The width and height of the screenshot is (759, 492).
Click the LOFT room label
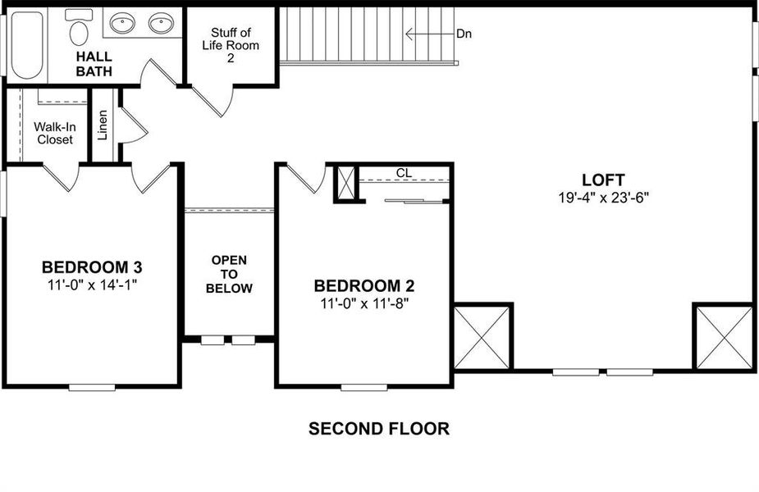point(603,180)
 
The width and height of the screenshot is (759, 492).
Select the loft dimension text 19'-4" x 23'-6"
point(603,198)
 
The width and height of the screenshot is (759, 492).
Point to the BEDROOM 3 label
point(92,267)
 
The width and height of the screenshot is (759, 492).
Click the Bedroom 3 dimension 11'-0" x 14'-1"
point(92,285)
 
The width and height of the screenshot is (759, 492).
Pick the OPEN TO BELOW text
point(229,275)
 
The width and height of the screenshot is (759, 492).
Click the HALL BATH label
point(94,64)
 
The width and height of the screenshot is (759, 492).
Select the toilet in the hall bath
point(80,28)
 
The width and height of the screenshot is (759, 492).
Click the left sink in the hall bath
point(123,23)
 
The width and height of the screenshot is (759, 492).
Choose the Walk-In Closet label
point(53,133)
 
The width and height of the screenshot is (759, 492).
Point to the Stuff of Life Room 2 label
point(231,44)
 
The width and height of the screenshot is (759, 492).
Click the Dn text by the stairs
point(464,34)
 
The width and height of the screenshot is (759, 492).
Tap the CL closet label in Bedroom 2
point(404,173)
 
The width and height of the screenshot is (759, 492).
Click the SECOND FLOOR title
point(378,428)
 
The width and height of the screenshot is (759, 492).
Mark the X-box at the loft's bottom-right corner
point(724,337)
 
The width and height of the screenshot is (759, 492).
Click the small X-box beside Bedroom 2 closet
point(346,184)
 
